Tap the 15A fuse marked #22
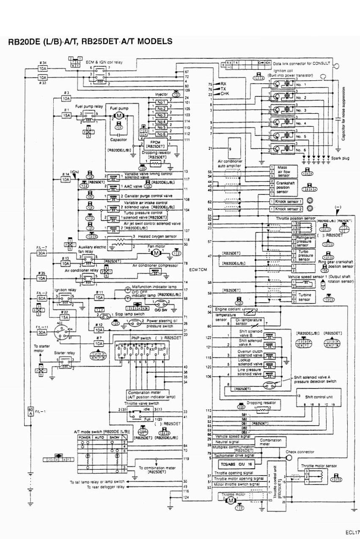point(65,317)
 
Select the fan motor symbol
point(156,253)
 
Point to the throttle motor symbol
point(231,500)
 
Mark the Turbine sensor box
point(303,298)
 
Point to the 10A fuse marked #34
point(43,68)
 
